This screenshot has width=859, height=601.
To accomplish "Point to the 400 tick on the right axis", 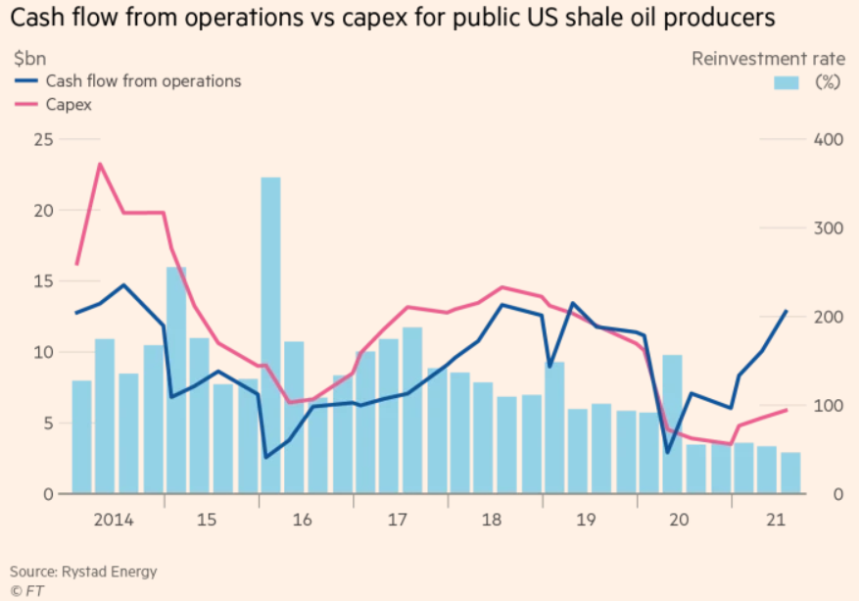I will click(825, 139).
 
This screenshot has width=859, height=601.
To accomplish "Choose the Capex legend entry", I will click(69, 104).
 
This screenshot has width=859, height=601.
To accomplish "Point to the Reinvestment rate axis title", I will click(768, 59).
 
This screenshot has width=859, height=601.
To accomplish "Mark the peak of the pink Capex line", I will click(100, 164).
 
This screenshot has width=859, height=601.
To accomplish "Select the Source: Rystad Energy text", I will click(83, 572).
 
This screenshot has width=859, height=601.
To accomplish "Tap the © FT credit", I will click(26, 591).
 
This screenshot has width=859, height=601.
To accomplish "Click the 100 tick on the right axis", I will click(825, 406).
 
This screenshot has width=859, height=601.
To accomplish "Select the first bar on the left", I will click(81, 436).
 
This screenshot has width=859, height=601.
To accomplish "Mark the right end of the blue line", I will click(787, 311).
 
